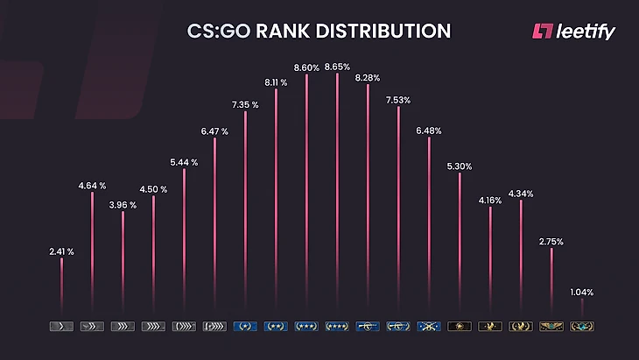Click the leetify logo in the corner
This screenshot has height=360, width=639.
(573, 32)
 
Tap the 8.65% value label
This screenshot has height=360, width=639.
(338, 67)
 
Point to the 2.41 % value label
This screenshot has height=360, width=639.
(61, 251)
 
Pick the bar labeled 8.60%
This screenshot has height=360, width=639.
(306, 193)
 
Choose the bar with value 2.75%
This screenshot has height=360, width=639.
(551, 280)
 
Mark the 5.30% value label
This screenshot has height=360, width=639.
(460, 166)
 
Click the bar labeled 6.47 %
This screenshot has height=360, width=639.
(214, 223)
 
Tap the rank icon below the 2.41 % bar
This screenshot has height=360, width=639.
(61, 327)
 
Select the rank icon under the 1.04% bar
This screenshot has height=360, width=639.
(581, 327)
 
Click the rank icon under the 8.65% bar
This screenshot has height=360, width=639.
(337, 327)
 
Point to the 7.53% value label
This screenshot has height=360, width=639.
(398, 99)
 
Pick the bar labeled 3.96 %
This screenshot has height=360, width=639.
(123, 263)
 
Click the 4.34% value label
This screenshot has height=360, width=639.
(521, 193)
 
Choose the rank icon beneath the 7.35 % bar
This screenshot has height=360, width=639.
(245, 327)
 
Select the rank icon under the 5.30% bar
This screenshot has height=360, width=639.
(460, 327)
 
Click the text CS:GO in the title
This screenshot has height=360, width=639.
(218, 32)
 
